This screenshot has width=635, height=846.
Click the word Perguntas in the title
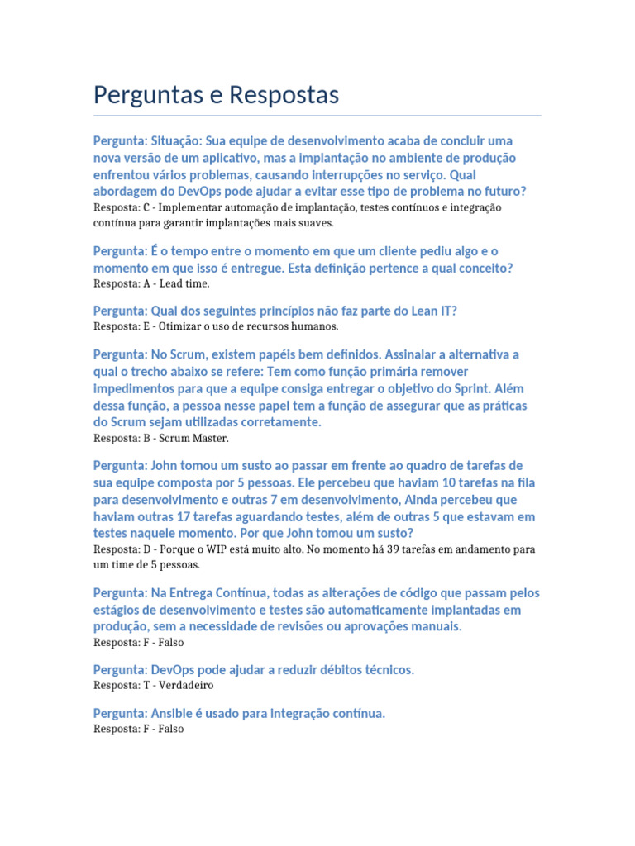click(x=143, y=96)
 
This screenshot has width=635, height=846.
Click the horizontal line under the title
click(x=317, y=116)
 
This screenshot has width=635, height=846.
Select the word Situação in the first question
click(x=175, y=140)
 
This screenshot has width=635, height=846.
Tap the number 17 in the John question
click(x=179, y=517)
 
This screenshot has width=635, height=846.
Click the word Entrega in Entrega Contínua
click(x=194, y=593)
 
